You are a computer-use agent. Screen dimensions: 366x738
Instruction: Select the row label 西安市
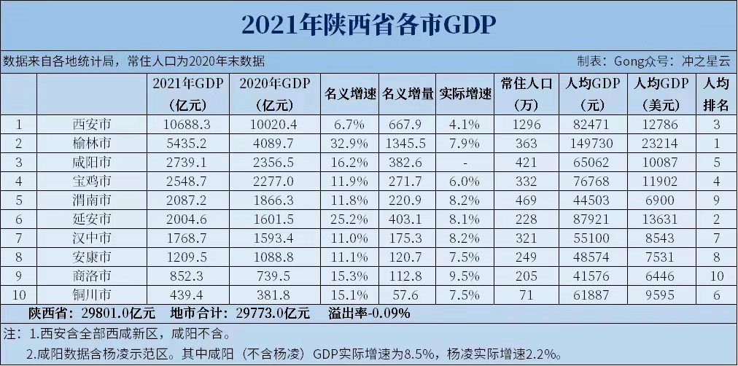pyautogui.click(x=93, y=124)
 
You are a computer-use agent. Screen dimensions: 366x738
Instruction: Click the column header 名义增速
pyautogui.click(x=349, y=93)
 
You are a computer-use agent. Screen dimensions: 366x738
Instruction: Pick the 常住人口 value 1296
pyautogui.click(x=527, y=124)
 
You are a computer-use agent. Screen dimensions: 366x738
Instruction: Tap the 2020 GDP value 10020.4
pyautogui.click(x=275, y=124)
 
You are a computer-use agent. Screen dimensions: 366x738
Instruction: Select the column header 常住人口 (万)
pyautogui.click(x=527, y=93)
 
